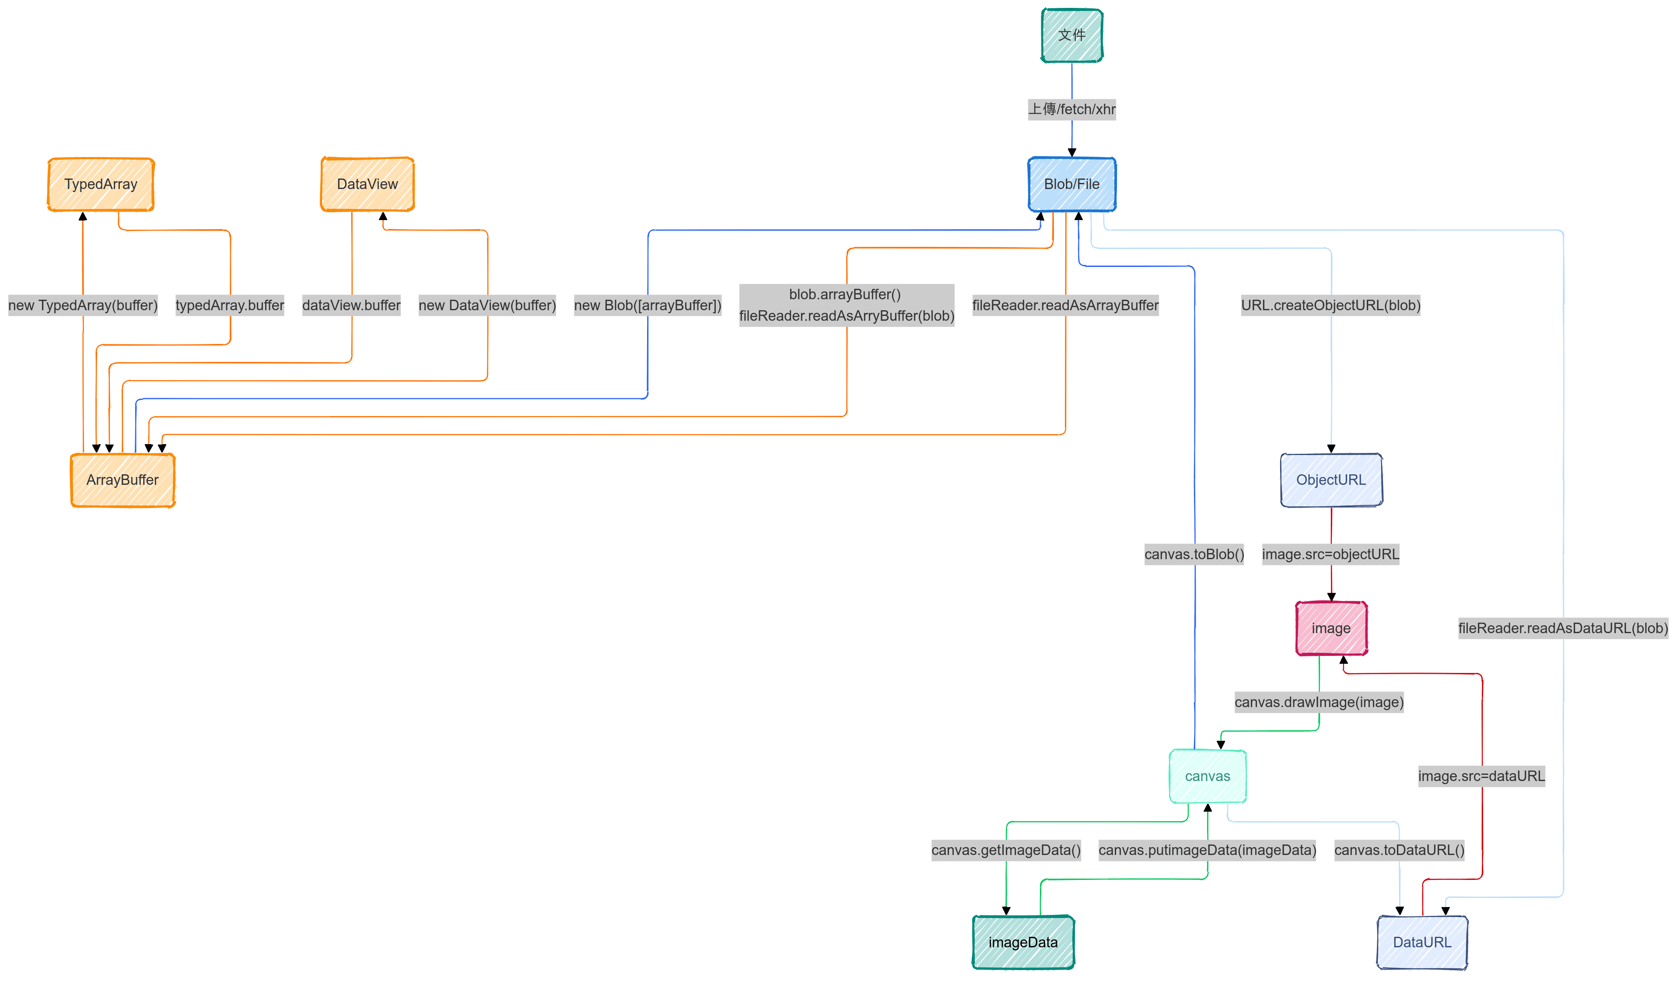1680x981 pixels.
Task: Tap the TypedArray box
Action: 101,184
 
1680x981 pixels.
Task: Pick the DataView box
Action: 367,184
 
